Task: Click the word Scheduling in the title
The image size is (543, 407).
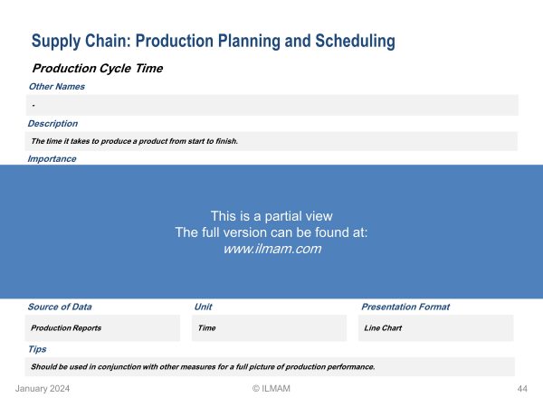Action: (355, 42)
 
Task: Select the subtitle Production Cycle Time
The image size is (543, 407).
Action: (98, 69)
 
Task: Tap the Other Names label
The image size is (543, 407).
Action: (57, 87)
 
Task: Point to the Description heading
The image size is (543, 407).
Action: (52, 124)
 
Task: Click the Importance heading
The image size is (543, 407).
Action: (52, 159)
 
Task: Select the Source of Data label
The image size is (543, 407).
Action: (60, 307)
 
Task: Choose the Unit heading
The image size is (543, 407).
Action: (204, 307)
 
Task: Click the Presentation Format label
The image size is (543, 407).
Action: (405, 307)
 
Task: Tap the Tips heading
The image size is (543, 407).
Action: (37, 349)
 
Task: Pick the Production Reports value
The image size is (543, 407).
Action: (66, 328)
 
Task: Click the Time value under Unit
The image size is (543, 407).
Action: (206, 328)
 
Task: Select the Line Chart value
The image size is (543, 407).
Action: (383, 328)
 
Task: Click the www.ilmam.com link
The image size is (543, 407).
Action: (272, 249)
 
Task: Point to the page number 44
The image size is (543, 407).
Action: (522, 389)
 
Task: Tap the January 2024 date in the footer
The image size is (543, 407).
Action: (43, 389)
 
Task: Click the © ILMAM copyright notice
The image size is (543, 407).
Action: (271, 389)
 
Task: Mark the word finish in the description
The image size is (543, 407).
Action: (226, 141)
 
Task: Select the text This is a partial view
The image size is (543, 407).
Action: (271, 216)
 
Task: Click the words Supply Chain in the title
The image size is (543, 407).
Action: (81, 42)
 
